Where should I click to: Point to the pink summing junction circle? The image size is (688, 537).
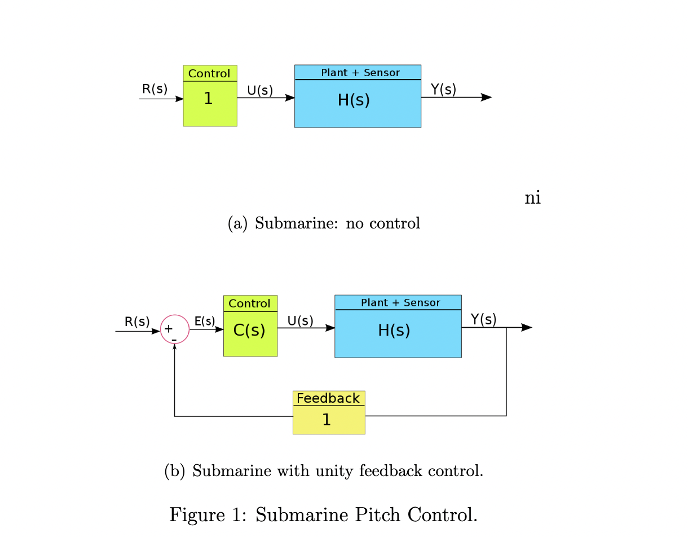point(175,329)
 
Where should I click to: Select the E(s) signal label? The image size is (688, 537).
point(205,321)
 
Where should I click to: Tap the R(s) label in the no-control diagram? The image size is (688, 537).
point(155,89)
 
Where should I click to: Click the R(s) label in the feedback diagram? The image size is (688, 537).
point(137,322)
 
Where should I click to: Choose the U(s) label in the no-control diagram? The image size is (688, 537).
point(260,90)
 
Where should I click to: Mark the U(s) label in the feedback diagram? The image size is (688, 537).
point(300,321)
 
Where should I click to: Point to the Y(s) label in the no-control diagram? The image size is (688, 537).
point(443,89)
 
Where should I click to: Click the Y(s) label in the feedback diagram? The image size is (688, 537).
point(483,319)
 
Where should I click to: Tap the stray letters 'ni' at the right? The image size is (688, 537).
point(532,198)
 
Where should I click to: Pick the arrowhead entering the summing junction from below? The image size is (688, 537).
point(175,346)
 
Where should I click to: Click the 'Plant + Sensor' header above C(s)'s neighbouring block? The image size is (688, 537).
point(400,303)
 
